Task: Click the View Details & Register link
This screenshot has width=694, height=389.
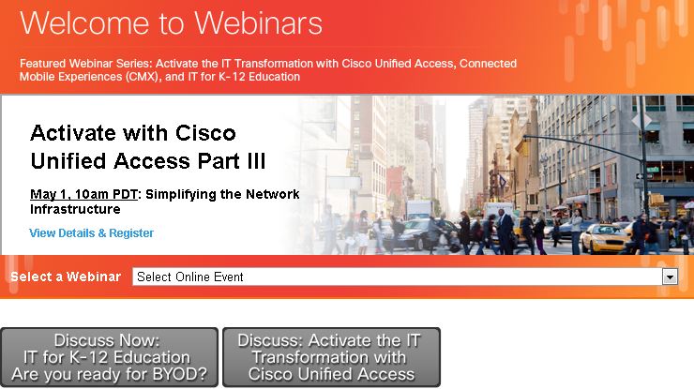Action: click(91, 233)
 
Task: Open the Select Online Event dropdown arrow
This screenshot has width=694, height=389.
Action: click(670, 277)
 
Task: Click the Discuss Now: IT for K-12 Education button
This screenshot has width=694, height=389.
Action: click(109, 357)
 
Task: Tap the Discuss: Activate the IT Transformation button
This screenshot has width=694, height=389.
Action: click(330, 357)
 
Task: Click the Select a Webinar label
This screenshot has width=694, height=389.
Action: click(65, 277)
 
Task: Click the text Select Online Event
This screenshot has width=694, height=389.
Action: click(190, 277)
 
